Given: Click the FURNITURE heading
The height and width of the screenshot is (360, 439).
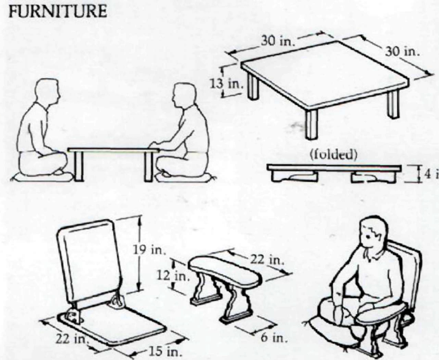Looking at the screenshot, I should [57, 12].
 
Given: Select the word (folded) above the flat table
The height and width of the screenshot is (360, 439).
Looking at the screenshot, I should [333, 155].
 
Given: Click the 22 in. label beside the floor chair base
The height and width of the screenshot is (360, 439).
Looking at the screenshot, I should [71, 340].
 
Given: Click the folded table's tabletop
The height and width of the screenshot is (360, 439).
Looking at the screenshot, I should [334, 167].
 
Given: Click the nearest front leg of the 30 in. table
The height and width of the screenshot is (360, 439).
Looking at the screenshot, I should [311, 125].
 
